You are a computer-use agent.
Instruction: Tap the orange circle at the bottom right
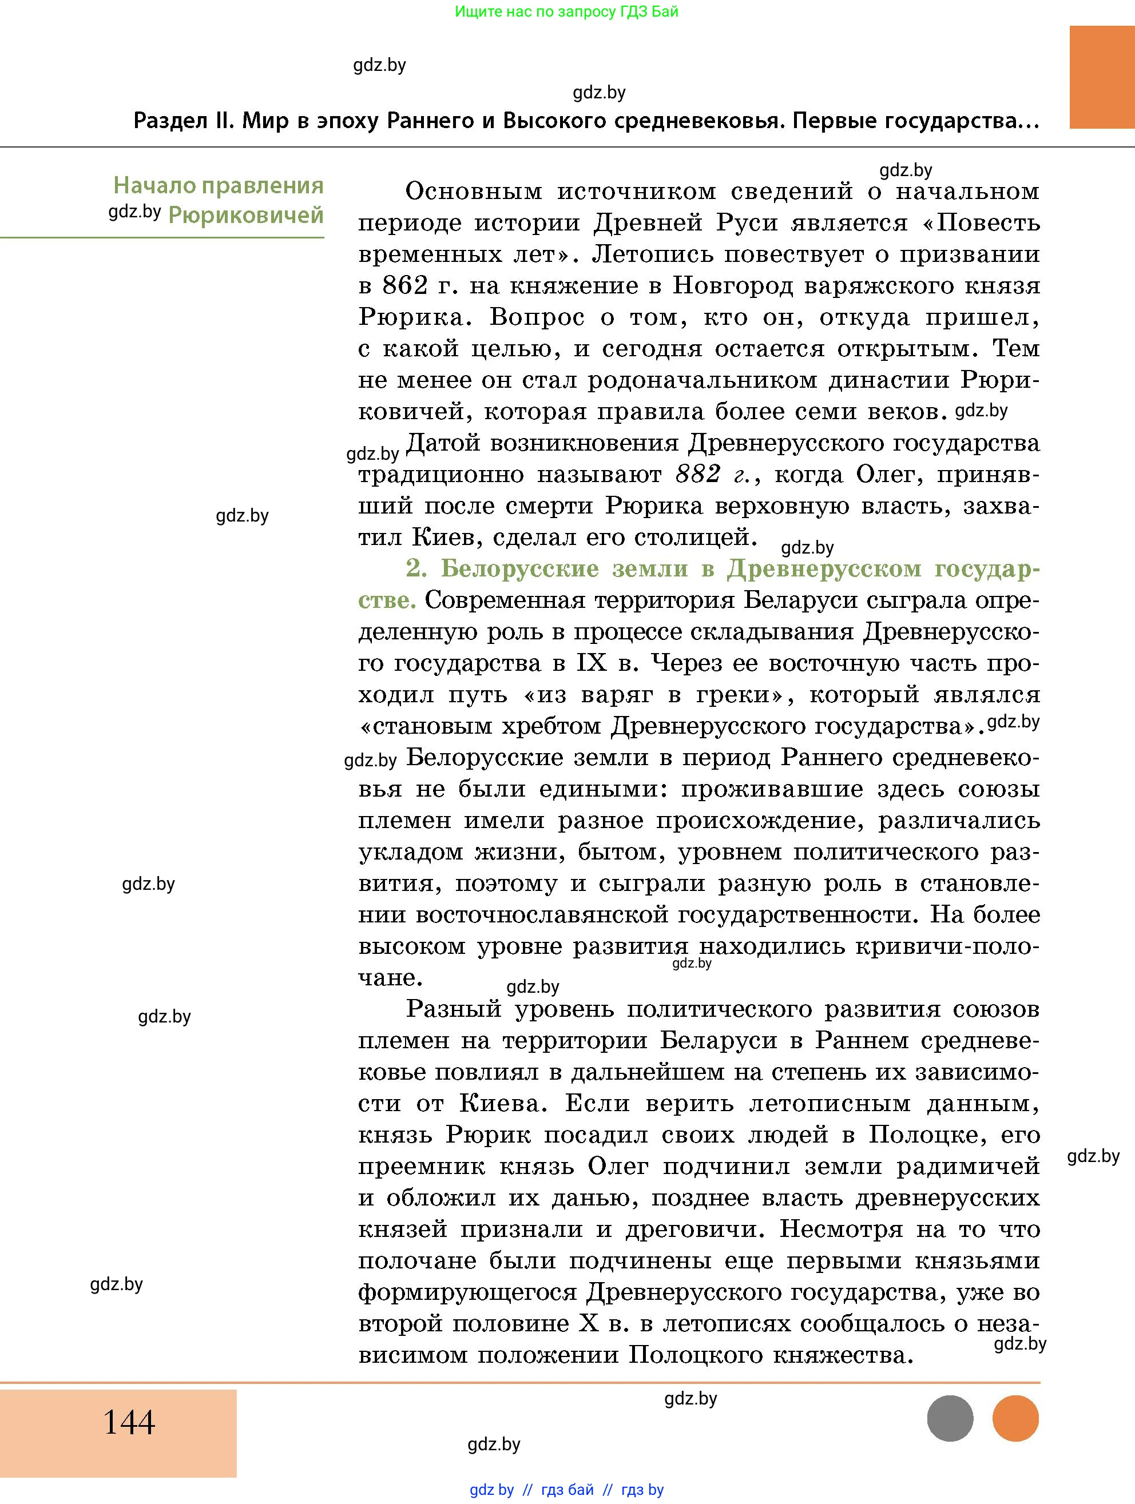coord(1015,1418)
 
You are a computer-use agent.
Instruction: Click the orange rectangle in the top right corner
coord(1102,77)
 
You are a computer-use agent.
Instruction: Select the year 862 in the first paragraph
coord(405,285)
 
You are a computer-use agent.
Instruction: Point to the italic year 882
coord(699,474)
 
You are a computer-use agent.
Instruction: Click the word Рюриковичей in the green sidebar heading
coord(245,216)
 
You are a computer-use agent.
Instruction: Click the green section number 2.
coord(415,568)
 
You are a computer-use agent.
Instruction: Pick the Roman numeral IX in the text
coord(591,663)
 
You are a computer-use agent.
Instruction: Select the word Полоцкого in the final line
coord(685,1356)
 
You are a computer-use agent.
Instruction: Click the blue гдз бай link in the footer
coord(567,1490)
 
